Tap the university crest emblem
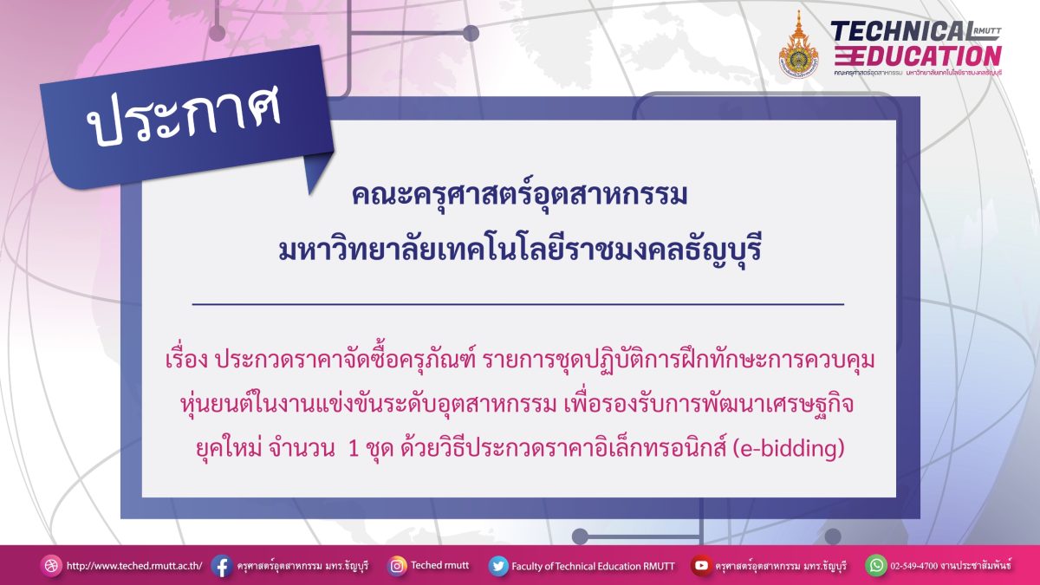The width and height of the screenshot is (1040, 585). (798, 45)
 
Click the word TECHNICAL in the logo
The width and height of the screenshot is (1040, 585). (903, 31)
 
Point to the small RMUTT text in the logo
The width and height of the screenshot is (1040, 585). (989, 30)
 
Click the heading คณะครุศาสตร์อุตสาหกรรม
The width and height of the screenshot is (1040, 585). (519, 194)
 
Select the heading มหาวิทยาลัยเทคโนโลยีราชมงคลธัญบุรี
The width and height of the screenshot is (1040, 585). (519, 250)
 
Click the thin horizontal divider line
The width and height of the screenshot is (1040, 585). (518, 304)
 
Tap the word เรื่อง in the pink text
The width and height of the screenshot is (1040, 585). (186, 360)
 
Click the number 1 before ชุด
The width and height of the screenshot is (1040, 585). (354, 449)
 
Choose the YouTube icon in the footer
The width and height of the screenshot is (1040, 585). (700, 565)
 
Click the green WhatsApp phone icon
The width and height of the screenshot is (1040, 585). (876, 565)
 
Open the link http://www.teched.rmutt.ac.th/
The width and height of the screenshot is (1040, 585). (134, 566)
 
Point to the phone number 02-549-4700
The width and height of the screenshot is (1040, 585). (914, 566)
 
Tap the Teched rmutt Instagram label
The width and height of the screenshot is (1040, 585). (439, 565)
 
